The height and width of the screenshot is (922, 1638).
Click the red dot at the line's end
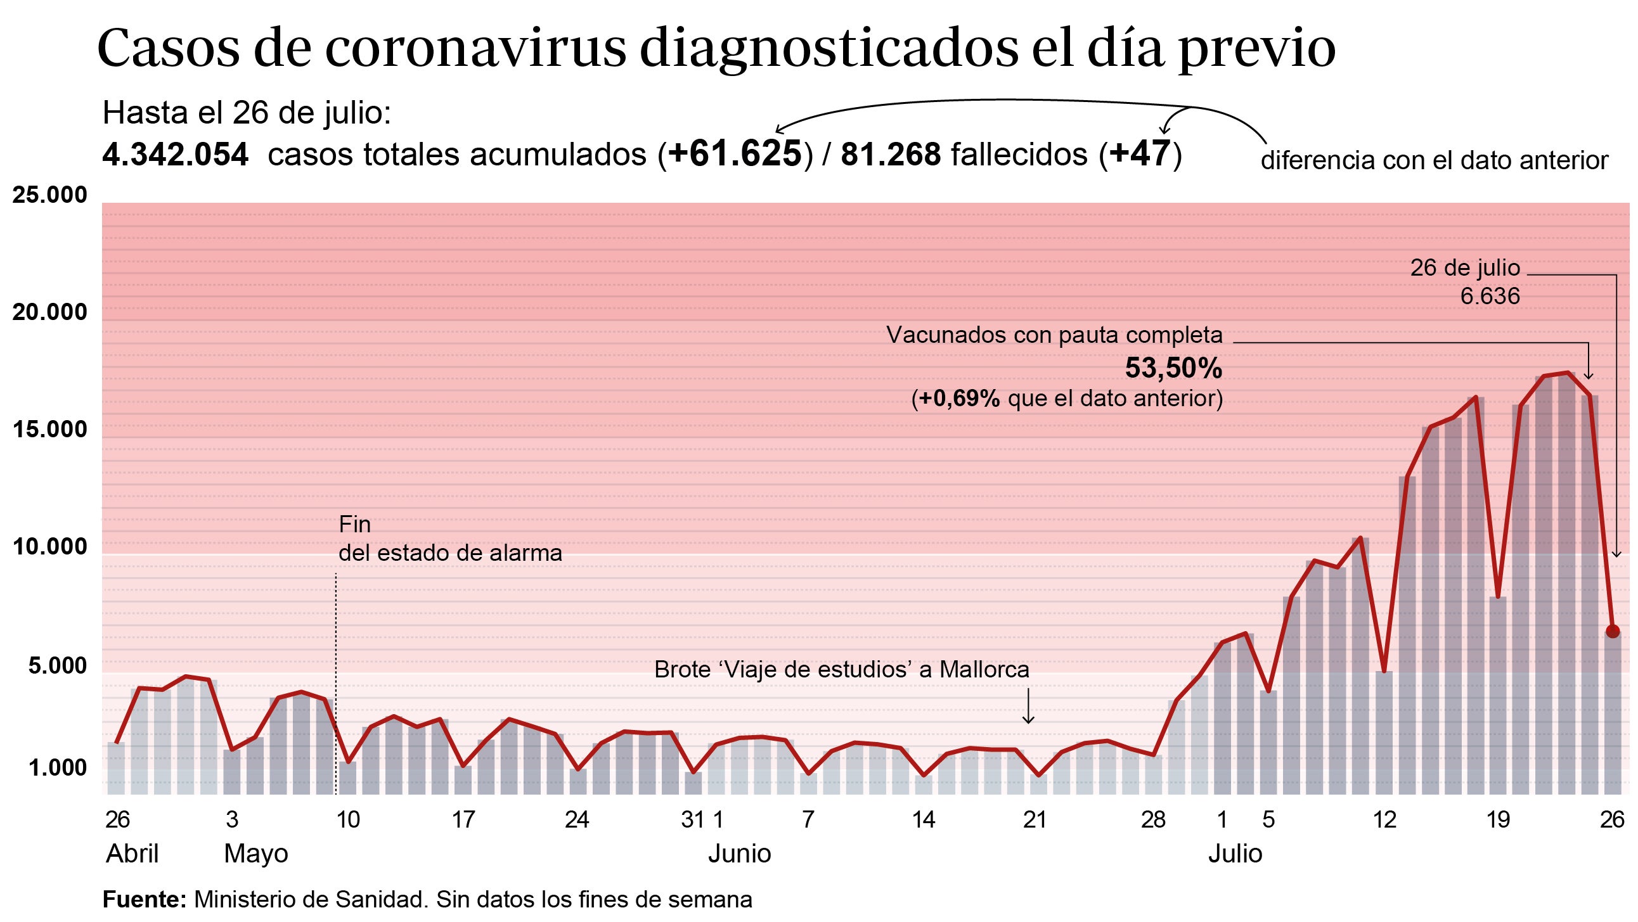(x=1612, y=631)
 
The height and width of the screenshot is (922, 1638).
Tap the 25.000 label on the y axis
(x=49, y=195)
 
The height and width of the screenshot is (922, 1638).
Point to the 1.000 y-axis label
(x=57, y=767)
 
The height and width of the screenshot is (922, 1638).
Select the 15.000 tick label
(x=49, y=429)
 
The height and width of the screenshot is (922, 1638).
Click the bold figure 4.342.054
(x=175, y=155)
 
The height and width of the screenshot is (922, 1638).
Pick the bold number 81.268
(x=890, y=155)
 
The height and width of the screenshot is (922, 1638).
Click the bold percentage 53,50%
(x=1173, y=368)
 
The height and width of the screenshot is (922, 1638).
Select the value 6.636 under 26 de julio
(x=1490, y=297)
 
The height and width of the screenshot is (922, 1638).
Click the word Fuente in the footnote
(x=144, y=900)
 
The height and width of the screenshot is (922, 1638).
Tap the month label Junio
(x=739, y=854)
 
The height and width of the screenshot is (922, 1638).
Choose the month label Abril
(x=132, y=854)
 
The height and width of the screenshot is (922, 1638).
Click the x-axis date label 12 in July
(x=1384, y=819)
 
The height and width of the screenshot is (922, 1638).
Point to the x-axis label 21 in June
(x=1035, y=819)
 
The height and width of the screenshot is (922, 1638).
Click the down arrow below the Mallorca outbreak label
(x=1028, y=707)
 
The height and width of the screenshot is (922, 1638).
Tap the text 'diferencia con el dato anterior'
(x=1434, y=160)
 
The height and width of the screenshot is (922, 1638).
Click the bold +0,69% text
(x=959, y=399)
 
